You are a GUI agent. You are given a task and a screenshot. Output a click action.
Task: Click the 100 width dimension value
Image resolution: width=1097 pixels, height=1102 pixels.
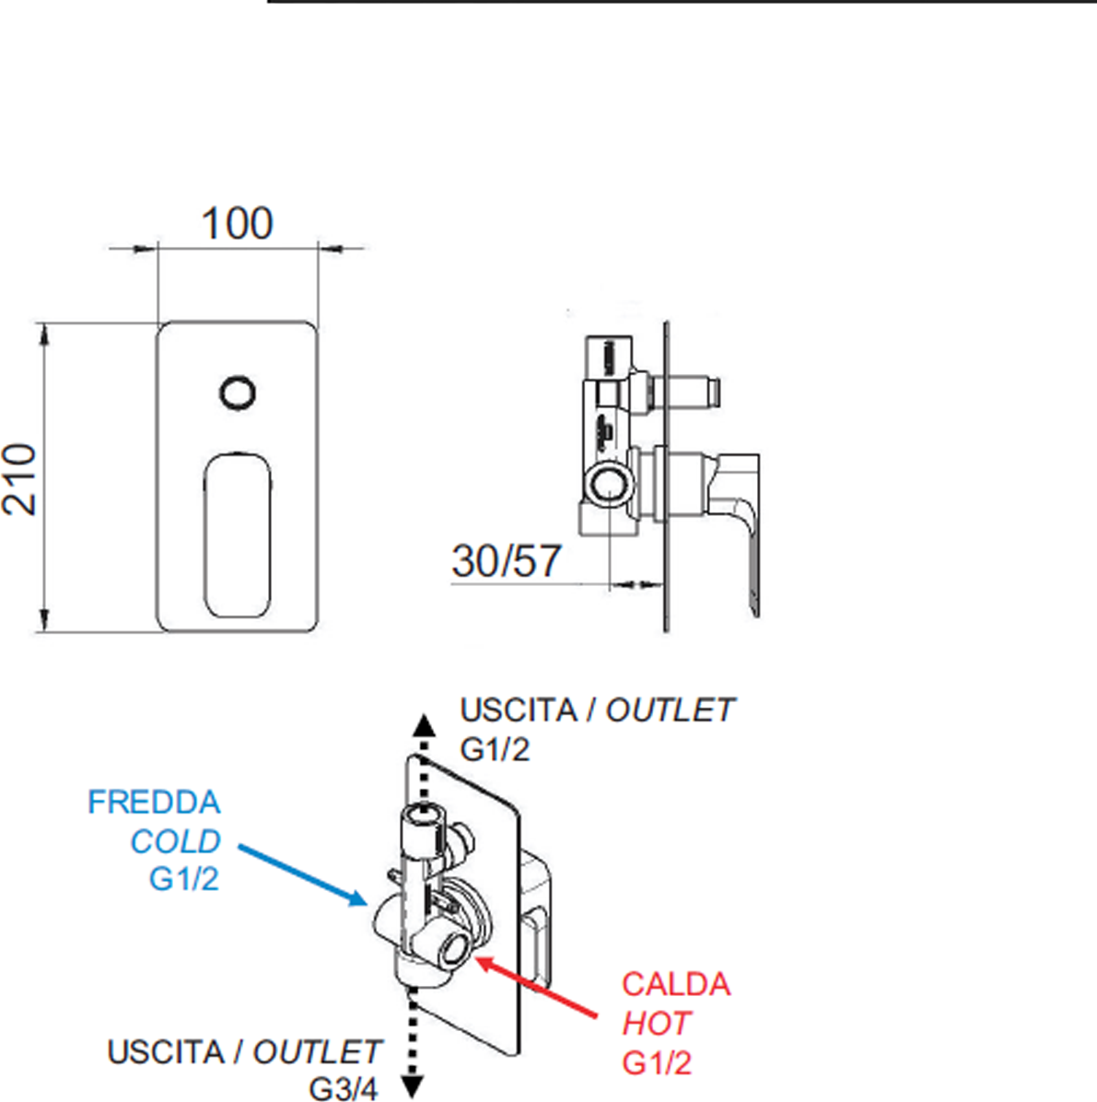(238, 224)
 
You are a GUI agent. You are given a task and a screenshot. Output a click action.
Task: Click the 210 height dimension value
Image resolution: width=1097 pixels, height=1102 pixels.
(19, 479)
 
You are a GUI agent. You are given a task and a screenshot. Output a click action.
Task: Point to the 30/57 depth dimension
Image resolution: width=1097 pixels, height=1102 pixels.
(506, 561)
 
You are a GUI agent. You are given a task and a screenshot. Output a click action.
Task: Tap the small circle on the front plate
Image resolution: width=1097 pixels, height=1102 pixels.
(238, 393)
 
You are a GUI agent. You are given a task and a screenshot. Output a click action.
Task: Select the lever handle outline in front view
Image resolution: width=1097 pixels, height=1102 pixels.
(204, 535)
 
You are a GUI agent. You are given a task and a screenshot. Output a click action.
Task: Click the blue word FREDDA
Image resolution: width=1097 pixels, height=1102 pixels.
(154, 802)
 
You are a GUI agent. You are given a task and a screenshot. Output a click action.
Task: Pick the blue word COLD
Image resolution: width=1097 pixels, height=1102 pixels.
(176, 841)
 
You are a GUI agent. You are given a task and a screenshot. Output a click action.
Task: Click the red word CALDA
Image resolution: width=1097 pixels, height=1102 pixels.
(676, 984)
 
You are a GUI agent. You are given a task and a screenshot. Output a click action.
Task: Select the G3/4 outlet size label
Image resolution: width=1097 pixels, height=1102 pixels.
(344, 1089)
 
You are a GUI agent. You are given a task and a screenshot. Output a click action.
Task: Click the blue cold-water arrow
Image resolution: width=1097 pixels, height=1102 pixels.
(303, 875)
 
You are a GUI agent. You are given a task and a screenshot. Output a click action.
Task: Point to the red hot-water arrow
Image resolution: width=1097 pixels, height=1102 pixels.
(536, 986)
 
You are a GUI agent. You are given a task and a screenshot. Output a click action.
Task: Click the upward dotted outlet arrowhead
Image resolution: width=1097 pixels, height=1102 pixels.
(423, 725)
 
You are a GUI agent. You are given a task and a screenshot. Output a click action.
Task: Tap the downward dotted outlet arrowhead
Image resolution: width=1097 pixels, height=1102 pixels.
(412, 1086)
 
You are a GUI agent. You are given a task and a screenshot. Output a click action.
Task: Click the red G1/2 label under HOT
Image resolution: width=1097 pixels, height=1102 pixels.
(657, 1062)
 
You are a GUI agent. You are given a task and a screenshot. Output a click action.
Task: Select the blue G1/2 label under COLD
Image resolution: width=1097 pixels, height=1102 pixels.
(184, 879)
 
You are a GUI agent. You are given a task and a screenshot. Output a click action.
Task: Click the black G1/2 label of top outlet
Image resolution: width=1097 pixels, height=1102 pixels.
(495, 750)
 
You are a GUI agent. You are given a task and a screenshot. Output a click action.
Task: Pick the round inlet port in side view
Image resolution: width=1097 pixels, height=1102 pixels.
(609, 486)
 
